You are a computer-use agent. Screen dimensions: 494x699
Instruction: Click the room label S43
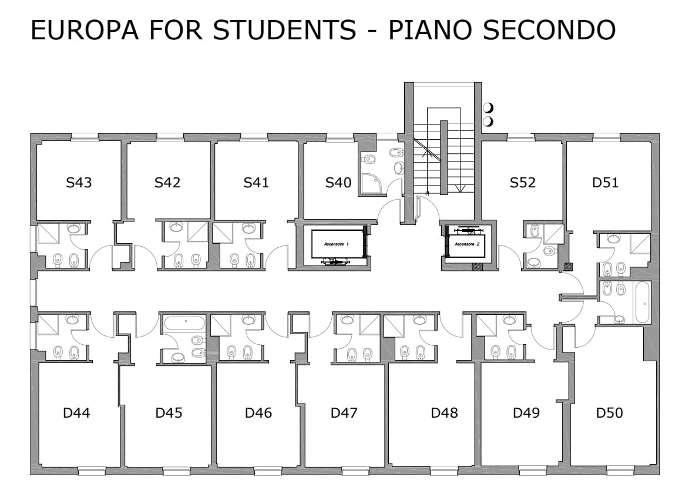click(79, 183)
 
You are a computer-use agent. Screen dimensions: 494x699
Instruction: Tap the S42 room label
click(167, 183)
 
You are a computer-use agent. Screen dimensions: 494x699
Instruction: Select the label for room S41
click(256, 183)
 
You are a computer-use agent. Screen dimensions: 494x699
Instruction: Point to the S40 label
click(338, 183)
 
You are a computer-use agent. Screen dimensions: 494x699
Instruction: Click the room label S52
click(522, 183)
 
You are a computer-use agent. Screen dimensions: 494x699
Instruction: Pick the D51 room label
click(605, 183)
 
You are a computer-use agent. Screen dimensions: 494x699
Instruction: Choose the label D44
click(76, 413)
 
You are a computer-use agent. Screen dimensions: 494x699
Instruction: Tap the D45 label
click(169, 413)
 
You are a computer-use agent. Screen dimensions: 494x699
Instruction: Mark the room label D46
click(258, 413)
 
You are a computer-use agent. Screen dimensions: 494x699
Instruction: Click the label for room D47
click(344, 413)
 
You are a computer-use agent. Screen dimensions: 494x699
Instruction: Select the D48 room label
click(444, 413)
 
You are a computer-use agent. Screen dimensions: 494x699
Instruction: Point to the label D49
click(526, 413)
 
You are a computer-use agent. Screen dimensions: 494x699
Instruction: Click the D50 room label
click(609, 413)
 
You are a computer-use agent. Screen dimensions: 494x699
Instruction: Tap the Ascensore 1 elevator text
click(337, 243)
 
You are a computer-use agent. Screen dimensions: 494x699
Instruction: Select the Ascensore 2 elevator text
click(467, 243)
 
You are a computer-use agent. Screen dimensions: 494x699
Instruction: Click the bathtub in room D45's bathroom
click(184, 322)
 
